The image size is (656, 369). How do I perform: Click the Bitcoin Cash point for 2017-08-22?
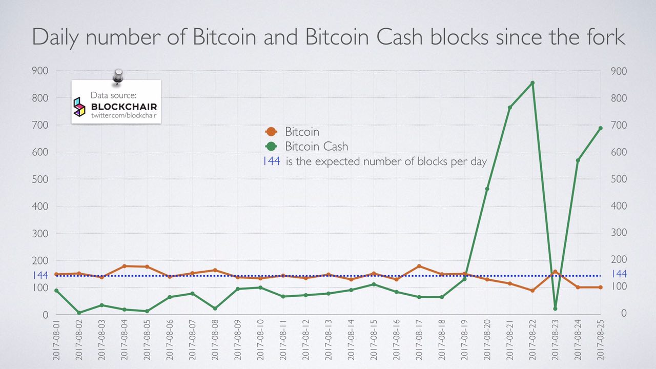click(x=532, y=83)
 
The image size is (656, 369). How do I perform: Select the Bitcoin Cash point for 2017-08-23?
click(x=555, y=309)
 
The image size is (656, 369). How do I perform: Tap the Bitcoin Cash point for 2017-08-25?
click(x=601, y=128)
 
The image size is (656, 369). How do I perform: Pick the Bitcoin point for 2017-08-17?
click(x=419, y=266)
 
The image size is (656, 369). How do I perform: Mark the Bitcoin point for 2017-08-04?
click(x=125, y=266)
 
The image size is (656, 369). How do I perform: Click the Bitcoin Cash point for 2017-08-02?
click(x=79, y=313)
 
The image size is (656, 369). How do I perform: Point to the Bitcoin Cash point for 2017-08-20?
click(x=487, y=189)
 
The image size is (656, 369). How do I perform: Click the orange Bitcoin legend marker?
click(x=272, y=132)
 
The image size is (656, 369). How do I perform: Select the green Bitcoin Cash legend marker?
click(x=272, y=147)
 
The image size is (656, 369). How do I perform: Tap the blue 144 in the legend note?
click(x=271, y=161)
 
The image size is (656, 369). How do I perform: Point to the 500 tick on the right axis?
click(x=619, y=179)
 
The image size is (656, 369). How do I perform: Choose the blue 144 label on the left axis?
click(x=40, y=275)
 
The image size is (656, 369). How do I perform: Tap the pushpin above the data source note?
click(x=118, y=77)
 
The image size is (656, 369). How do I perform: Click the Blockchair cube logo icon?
click(x=79, y=107)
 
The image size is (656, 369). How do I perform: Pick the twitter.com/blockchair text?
click(x=124, y=116)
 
